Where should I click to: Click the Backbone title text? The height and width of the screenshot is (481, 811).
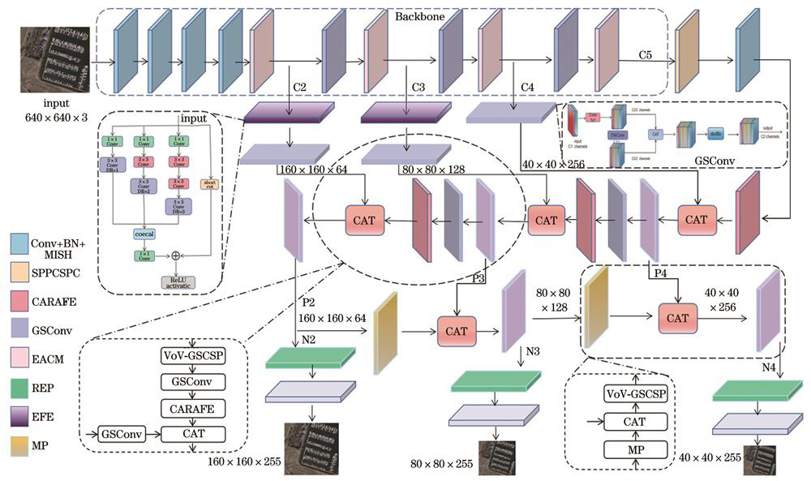[x=419, y=16]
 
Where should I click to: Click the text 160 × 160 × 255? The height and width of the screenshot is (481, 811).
[x=245, y=460]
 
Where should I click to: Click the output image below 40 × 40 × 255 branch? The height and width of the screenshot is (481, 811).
[x=755, y=459]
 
